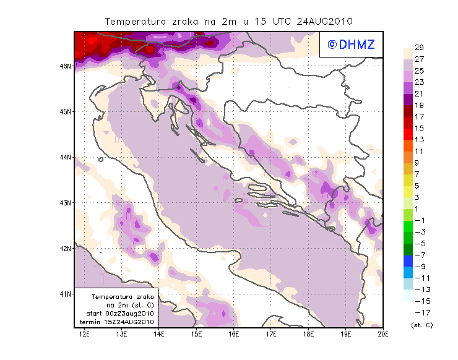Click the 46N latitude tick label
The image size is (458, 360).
64,66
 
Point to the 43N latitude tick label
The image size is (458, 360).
64,202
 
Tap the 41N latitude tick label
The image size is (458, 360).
64,294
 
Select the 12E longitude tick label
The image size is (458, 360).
85,335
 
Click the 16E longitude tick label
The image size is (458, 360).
234,335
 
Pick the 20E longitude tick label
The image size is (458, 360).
383,335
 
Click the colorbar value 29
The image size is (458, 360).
419,48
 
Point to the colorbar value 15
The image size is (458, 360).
419,128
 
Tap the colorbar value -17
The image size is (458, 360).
419,312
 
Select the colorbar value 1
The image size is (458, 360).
419,208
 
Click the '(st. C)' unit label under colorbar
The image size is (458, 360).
421,325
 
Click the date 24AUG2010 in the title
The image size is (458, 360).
324,21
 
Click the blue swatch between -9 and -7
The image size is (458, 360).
408,260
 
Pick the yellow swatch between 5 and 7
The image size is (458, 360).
408,180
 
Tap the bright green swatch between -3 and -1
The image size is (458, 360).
408,226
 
